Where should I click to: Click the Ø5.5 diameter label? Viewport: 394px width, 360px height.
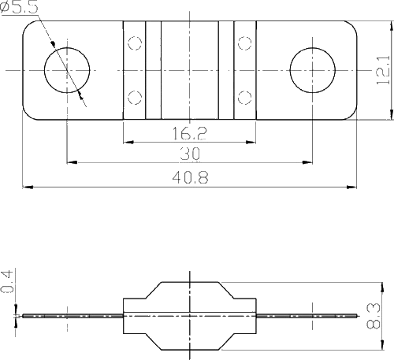pos(19,7)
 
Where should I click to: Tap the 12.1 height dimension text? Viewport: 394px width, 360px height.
pos(383,70)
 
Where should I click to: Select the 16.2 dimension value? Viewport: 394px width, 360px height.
pos(190,133)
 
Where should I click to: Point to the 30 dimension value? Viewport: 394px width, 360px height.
pos(190,154)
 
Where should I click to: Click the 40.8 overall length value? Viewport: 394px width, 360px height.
pos(190,177)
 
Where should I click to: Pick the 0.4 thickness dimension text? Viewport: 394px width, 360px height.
pos(7,281)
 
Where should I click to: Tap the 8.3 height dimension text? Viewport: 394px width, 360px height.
pos(374,316)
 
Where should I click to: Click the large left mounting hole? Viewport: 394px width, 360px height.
pos(67,70)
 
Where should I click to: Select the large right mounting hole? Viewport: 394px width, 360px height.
pos(313,70)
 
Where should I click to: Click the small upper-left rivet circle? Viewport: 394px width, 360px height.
pos(135,43)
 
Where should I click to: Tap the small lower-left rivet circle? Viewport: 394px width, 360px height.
pos(135,98)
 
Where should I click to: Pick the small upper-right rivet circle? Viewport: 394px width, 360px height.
pos(245,43)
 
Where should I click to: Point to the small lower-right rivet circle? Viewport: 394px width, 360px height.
pos(245,98)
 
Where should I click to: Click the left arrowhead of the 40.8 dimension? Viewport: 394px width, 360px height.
pos(28,187)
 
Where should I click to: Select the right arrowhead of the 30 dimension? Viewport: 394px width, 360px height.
pos(307,162)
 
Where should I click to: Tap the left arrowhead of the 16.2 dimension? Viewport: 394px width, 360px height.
pos(128,143)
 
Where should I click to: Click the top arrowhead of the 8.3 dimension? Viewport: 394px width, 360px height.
pos(382,288)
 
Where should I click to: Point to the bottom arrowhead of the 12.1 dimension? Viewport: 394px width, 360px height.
pos(392,114)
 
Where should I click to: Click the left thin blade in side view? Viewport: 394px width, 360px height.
pos(72,316)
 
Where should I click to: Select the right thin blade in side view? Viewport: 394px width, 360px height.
pos(307,316)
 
